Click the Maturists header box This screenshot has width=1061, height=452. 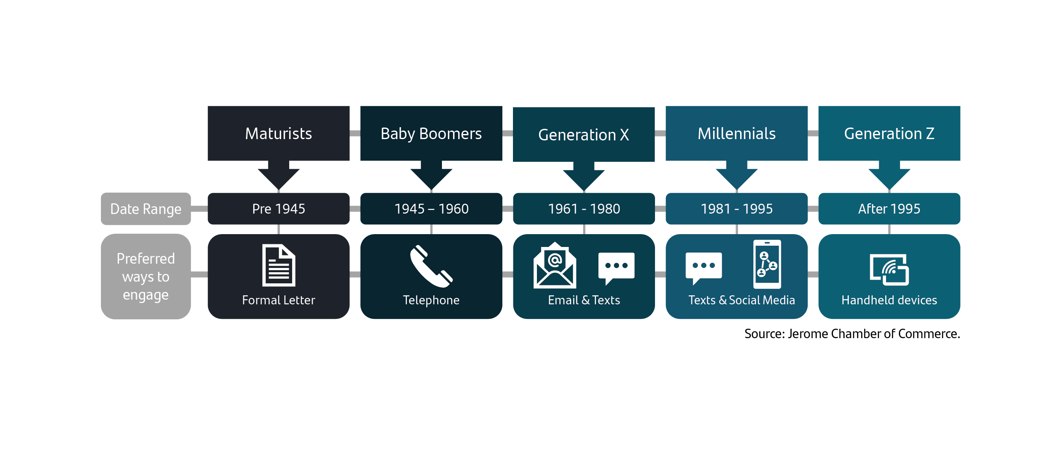click(x=279, y=133)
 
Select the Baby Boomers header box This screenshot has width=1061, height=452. click(x=431, y=133)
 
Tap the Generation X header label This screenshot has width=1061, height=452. click(x=584, y=134)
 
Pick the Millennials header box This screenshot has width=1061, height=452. click(x=737, y=133)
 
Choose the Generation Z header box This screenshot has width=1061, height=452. click(x=889, y=133)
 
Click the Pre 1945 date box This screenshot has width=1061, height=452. click(x=279, y=208)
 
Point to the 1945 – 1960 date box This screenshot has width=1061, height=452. click(x=431, y=208)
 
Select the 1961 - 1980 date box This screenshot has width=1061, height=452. click(x=584, y=208)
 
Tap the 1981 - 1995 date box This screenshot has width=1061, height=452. click(x=737, y=208)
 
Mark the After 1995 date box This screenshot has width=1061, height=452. click(x=889, y=208)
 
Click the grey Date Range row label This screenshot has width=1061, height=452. click(x=146, y=208)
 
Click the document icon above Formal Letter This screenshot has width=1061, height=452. click(x=279, y=265)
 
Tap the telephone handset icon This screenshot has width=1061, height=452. click(x=431, y=266)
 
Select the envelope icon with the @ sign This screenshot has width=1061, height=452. click(x=554, y=265)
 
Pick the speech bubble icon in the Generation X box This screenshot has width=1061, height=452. click(x=616, y=268)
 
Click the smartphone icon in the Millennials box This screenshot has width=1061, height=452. click(x=767, y=264)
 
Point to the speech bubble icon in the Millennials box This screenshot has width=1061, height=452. click(x=703, y=268)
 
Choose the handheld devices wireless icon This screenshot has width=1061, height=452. click(x=889, y=270)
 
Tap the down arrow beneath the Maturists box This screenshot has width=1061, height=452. click(x=279, y=175)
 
